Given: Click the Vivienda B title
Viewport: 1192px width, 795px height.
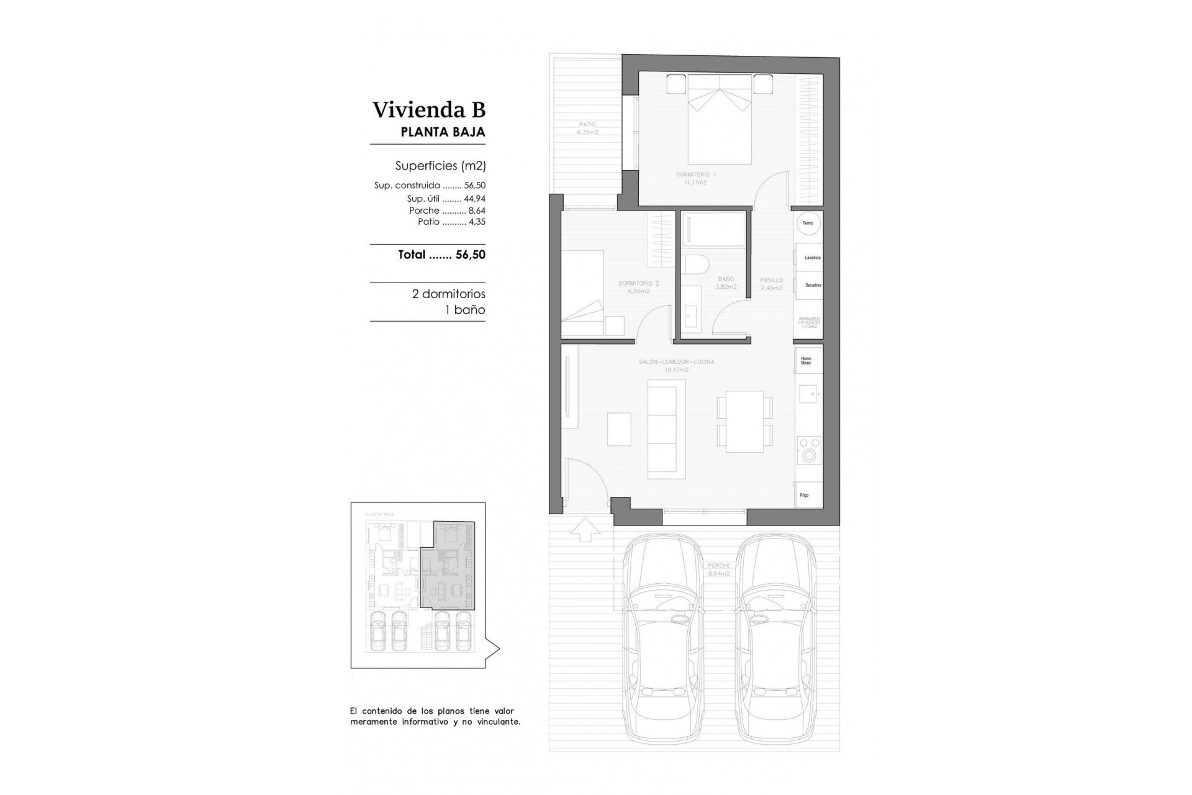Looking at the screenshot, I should coord(428,110).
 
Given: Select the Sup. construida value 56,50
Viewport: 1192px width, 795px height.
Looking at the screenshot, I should coord(474,185).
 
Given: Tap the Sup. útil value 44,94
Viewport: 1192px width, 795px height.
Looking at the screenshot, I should coord(474,199).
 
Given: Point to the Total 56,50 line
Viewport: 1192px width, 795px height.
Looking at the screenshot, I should coord(441,255).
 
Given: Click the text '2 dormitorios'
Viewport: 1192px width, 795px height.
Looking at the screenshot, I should coord(448,294).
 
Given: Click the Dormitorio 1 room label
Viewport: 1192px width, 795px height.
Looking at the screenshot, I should coord(695,178).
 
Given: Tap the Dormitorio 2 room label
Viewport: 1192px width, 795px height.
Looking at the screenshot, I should coord(638,287).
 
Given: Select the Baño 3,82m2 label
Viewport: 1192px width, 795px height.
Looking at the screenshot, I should coord(726,283).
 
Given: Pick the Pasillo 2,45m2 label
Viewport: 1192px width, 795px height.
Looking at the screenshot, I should coord(771,284).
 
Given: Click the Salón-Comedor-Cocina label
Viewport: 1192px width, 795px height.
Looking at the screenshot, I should coord(676,365).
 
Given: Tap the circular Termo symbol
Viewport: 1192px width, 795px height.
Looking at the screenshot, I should coord(808,224).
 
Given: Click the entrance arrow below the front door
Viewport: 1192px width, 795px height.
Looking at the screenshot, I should coord(584,530).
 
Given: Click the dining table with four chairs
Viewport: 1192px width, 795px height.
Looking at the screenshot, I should coord(744,422).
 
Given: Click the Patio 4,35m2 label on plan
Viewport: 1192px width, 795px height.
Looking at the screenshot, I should coord(586,129).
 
